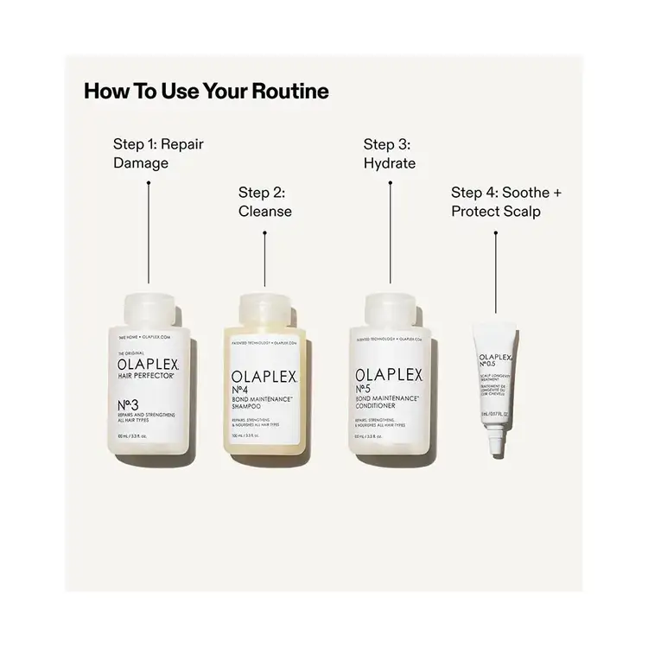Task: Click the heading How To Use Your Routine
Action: [206, 91]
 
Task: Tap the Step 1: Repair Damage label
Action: [158, 153]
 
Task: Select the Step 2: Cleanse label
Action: [265, 201]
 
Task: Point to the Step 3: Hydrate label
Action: [389, 153]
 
